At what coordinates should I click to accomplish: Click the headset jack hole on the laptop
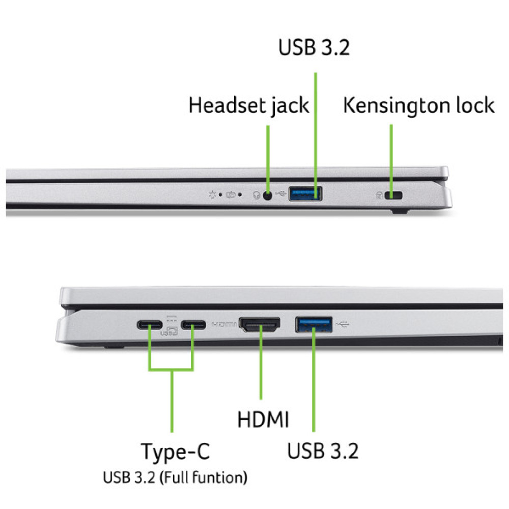click(x=268, y=195)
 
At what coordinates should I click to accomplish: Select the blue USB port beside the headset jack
click(x=305, y=193)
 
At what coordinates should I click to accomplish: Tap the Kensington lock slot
click(x=393, y=195)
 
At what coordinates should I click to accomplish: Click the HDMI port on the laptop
click(x=260, y=325)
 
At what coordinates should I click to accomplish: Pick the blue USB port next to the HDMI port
click(x=314, y=325)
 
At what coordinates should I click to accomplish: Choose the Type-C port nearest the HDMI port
click(x=193, y=325)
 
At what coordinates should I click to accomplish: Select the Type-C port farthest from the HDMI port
click(x=150, y=325)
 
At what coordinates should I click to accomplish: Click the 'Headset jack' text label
click(x=249, y=106)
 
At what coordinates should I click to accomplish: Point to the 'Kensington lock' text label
click(x=419, y=106)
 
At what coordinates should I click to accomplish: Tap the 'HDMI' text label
click(x=263, y=419)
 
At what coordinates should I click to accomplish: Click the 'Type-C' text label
click(x=175, y=452)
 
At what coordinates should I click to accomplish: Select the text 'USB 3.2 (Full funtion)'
click(x=175, y=477)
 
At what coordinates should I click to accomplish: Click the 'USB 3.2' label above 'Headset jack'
click(x=314, y=47)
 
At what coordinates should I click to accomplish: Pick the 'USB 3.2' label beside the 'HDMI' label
click(x=323, y=451)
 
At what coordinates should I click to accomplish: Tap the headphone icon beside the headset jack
click(x=257, y=195)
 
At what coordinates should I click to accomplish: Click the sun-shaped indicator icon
click(x=212, y=195)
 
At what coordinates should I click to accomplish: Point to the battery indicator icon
click(x=231, y=195)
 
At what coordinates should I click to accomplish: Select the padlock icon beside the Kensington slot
click(x=379, y=195)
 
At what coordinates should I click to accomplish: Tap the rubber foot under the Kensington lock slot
click(x=400, y=211)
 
